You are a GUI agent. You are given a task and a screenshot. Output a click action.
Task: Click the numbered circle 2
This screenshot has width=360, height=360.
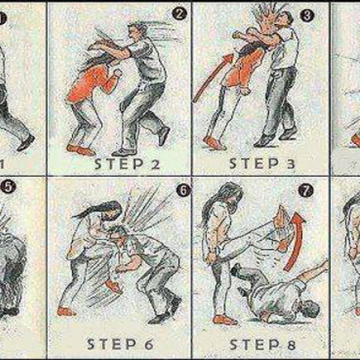click(x=179, y=13)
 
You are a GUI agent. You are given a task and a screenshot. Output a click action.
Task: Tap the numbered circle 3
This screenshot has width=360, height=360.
click(x=307, y=15)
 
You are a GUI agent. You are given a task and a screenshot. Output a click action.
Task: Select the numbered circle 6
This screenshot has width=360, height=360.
click(x=183, y=190)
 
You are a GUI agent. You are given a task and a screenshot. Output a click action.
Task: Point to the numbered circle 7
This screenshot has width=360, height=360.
click(x=306, y=191)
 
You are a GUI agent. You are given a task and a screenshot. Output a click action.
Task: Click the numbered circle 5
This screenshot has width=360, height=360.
click(x=8, y=187)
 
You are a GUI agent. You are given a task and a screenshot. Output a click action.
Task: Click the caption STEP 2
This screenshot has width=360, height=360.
click(x=127, y=164)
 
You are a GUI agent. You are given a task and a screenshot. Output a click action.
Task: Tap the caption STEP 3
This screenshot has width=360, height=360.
click(x=262, y=163)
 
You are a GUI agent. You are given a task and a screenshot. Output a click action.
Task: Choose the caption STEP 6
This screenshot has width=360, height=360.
click(x=120, y=345)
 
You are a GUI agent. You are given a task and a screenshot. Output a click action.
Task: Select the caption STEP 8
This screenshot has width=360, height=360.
click(x=262, y=345)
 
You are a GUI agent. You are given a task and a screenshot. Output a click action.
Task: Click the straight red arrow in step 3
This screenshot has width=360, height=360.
click(x=213, y=78)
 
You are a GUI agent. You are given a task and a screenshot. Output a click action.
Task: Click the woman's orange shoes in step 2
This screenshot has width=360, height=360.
click(x=80, y=149)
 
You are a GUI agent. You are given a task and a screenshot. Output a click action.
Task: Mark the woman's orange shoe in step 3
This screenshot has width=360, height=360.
click(x=214, y=142)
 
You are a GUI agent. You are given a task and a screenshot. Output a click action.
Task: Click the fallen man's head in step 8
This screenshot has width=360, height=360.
click(x=309, y=308)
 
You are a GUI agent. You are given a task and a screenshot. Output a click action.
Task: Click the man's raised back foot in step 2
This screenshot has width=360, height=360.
click(x=163, y=136)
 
